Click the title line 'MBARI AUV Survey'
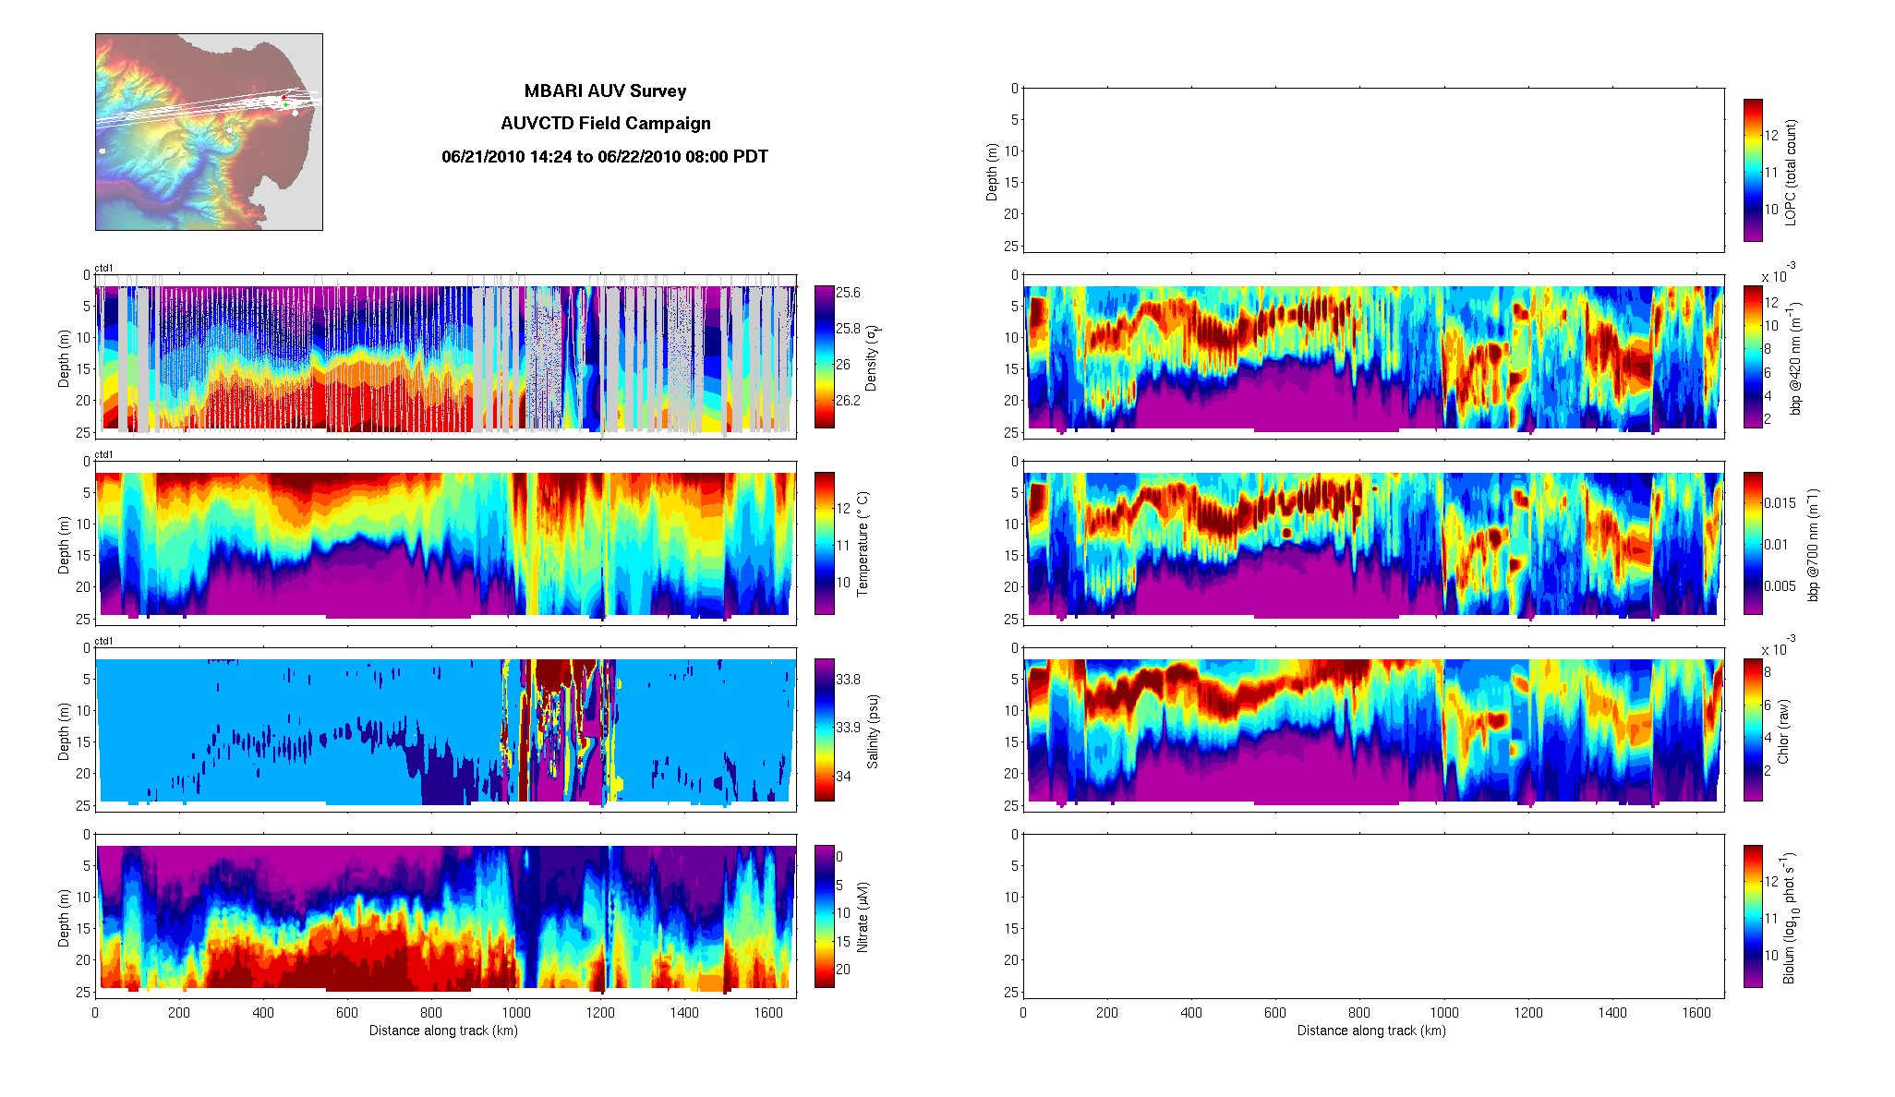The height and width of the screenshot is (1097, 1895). pyautogui.click(x=605, y=91)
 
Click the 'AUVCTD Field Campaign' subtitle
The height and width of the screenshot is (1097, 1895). pyautogui.click(x=605, y=124)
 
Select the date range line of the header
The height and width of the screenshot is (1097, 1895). pyautogui.click(x=605, y=157)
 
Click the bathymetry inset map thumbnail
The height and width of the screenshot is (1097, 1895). pyautogui.click(x=209, y=132)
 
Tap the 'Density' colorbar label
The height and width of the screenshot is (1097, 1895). pyautogui.click(x=870, y=357)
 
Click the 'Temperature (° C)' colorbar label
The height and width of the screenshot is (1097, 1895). pyautogui.click(x=863, y=544)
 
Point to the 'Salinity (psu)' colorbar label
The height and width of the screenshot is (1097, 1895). pyautogui.click(x=873, y=731)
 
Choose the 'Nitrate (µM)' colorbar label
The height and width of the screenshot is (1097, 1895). pyautogui.click(x=863, y=917)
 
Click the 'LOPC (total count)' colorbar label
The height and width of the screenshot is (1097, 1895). pyautogui.click(x=1791, y=173)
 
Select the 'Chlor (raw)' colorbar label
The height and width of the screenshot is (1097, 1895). pyautogui.click(x=1783, y=731)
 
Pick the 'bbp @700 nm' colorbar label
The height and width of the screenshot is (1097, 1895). pyautogui.click(x=1812, y=545)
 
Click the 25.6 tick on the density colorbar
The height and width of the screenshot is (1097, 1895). pyautogui.click(x=848, y=293)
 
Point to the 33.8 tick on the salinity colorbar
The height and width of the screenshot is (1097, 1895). pyautogui.click(x=848, y=680)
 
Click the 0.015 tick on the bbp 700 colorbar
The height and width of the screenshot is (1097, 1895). pyautogui.click(x=1780, y=503)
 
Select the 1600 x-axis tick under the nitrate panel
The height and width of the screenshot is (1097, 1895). pyautogui.click(x=768, y=1012)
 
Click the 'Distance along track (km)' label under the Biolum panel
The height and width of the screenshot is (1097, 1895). pyautogui.click(x=1371, y=1031)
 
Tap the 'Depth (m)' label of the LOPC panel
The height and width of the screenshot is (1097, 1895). pyautogui.click(x=992, y=172)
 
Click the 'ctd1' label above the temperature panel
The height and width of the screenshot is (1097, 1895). pyautogui.click(x=104, y=454)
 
